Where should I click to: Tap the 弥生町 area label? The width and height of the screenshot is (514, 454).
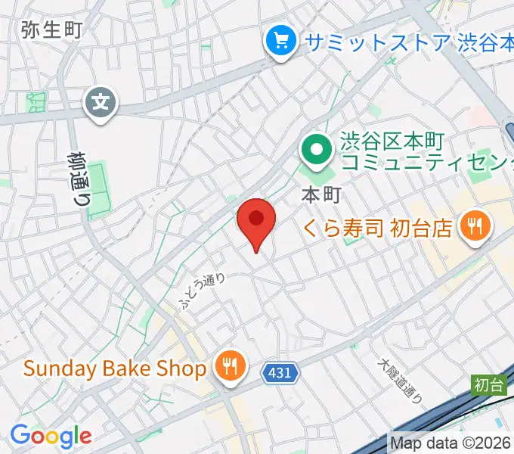[x=51, y=30]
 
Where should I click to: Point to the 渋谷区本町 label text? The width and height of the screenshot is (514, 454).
[x=393, y=141]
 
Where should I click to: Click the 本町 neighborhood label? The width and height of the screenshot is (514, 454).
[x=321, y=194]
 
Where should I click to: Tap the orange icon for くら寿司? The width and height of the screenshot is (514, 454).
[x=475, y=225]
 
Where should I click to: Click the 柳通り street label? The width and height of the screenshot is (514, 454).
[x=77, y=179]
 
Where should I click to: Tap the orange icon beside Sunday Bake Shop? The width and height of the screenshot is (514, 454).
[x=228, y=368]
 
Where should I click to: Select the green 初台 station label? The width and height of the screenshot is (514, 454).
[x=489, y=384]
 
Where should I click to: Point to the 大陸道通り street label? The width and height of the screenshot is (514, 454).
[x=400, y=378]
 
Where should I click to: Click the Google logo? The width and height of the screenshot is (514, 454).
[x=51, y=435]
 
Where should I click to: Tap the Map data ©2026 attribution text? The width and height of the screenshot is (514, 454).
[x=451, y=443]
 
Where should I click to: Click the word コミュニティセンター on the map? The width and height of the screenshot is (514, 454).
[x=428, y=161]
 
